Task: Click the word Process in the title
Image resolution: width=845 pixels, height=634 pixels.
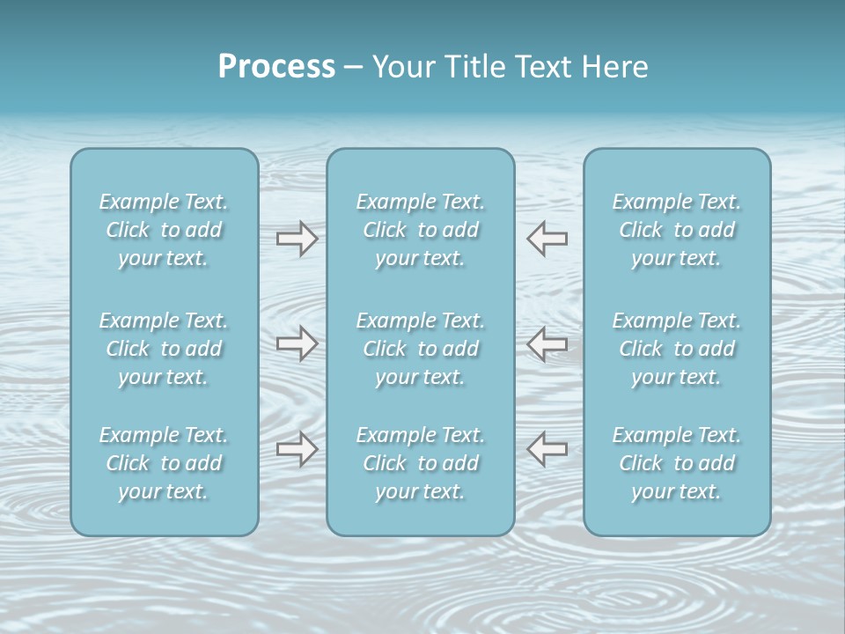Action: (276, 67)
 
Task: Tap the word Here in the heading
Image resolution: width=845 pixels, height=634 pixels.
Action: (614, 67)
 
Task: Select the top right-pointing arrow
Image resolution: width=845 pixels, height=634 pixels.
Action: (297, 239)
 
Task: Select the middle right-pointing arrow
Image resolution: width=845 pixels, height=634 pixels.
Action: (297, 343)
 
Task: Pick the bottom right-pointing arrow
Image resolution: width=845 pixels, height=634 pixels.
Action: (297, 448)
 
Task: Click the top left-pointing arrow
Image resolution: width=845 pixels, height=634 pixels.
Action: (547, 239)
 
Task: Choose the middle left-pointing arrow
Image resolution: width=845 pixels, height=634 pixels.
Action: (547, 343)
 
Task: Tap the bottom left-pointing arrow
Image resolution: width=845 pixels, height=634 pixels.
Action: (547, 448)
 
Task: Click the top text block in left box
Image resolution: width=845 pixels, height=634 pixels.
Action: (164, 230)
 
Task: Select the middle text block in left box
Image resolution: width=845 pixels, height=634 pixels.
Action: (164, 349)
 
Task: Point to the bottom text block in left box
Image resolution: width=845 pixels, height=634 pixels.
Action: (164, 463)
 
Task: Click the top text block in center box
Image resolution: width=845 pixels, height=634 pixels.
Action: (421, 230)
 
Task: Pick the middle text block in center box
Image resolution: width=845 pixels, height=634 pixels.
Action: (421, 349)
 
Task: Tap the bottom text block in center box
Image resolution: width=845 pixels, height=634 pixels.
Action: (421, 463)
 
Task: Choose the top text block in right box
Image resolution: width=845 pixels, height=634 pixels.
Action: (677, 230)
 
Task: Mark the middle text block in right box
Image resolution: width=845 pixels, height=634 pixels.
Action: (677, 349)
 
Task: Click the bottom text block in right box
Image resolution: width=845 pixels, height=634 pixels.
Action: (677, 463)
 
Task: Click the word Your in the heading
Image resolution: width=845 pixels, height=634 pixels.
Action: (401, 67)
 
